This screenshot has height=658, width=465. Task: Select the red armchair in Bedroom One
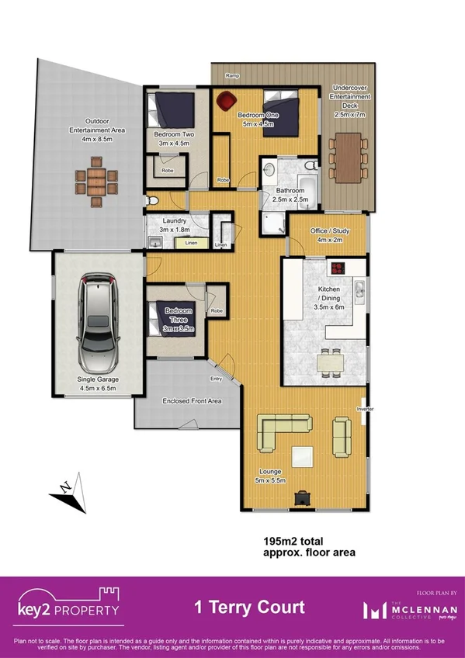tap(227, 100)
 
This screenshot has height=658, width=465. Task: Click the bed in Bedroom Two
tap(165, 109)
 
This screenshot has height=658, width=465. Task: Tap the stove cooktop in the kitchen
tap(340, 269)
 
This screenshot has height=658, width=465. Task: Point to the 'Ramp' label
tap(231, 75)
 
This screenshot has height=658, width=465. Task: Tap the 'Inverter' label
tap(365, 408)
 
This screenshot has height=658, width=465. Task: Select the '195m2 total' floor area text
tap(293, 540)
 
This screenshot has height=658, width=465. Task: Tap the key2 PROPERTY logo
tap(70, 606)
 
